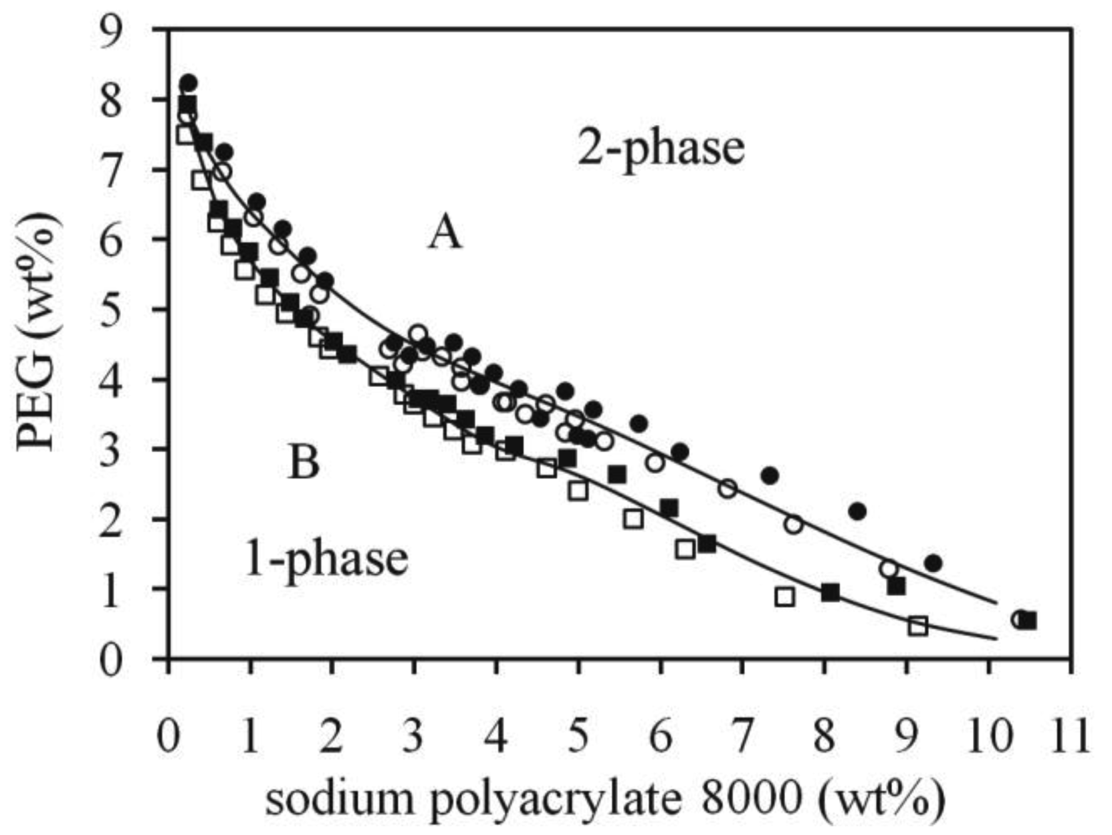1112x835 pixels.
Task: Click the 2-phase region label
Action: [x=661, y=148]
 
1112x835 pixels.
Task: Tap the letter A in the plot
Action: [x=445, y=234]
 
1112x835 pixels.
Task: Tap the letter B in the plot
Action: [x=304, y=463]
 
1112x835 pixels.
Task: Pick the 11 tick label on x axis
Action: [x=1071, y=737]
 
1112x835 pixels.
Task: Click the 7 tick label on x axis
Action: [x=742, y=737]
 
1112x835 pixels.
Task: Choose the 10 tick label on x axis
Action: [x=990, y=737]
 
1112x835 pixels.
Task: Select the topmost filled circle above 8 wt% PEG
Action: [x=189, y=83]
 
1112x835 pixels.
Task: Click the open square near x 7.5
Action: [x=785, y=596]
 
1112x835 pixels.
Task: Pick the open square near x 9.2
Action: [x=918, y=626]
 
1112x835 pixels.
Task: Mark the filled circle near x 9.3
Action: [x=933, y=563]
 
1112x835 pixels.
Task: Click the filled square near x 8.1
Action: [x=830, y=592]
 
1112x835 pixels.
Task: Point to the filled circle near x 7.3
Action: [x=770, y=476]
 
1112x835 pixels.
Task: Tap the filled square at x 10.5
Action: [x=1030, y=620]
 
